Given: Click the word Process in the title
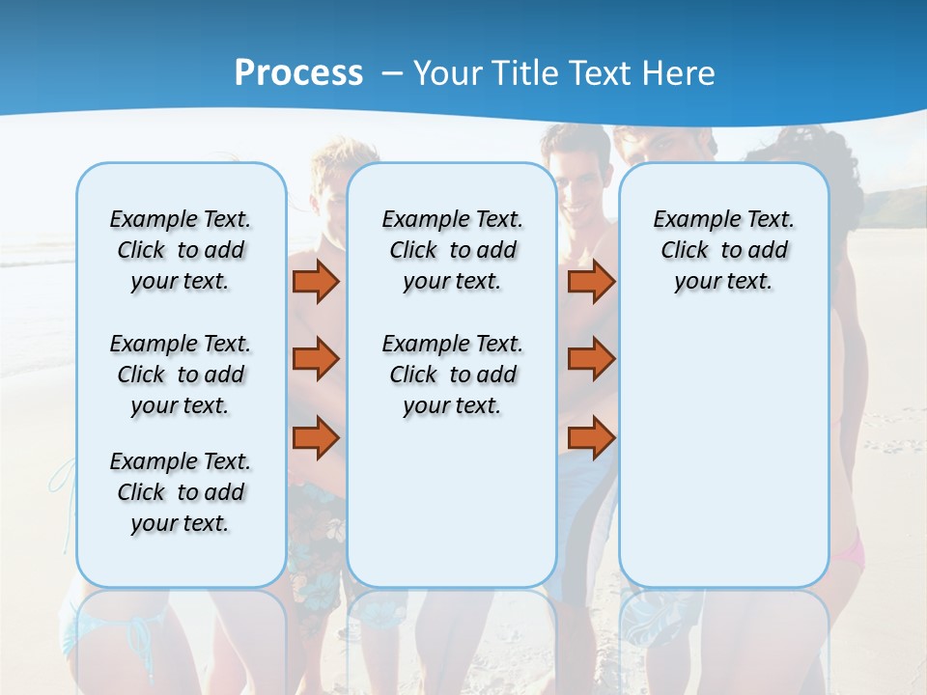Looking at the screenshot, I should (298, 72).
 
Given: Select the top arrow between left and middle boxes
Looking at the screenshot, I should (316, 282).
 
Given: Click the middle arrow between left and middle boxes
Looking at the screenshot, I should (316, 359).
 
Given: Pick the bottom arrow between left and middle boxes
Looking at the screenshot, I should (316, 437).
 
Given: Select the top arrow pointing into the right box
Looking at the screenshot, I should (591, 282).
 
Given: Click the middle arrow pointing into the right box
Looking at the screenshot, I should (591, 359).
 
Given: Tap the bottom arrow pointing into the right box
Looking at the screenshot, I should (591, 437).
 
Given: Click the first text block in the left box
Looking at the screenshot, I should (181, 250).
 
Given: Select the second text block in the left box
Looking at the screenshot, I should (181, 375).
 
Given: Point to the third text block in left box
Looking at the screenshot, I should (181, 492).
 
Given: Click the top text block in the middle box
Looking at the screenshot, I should (452, 250).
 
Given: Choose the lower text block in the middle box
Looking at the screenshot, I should (452, 375).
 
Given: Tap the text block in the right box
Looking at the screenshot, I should (723, 250).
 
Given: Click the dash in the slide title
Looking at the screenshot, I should (391, 73).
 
